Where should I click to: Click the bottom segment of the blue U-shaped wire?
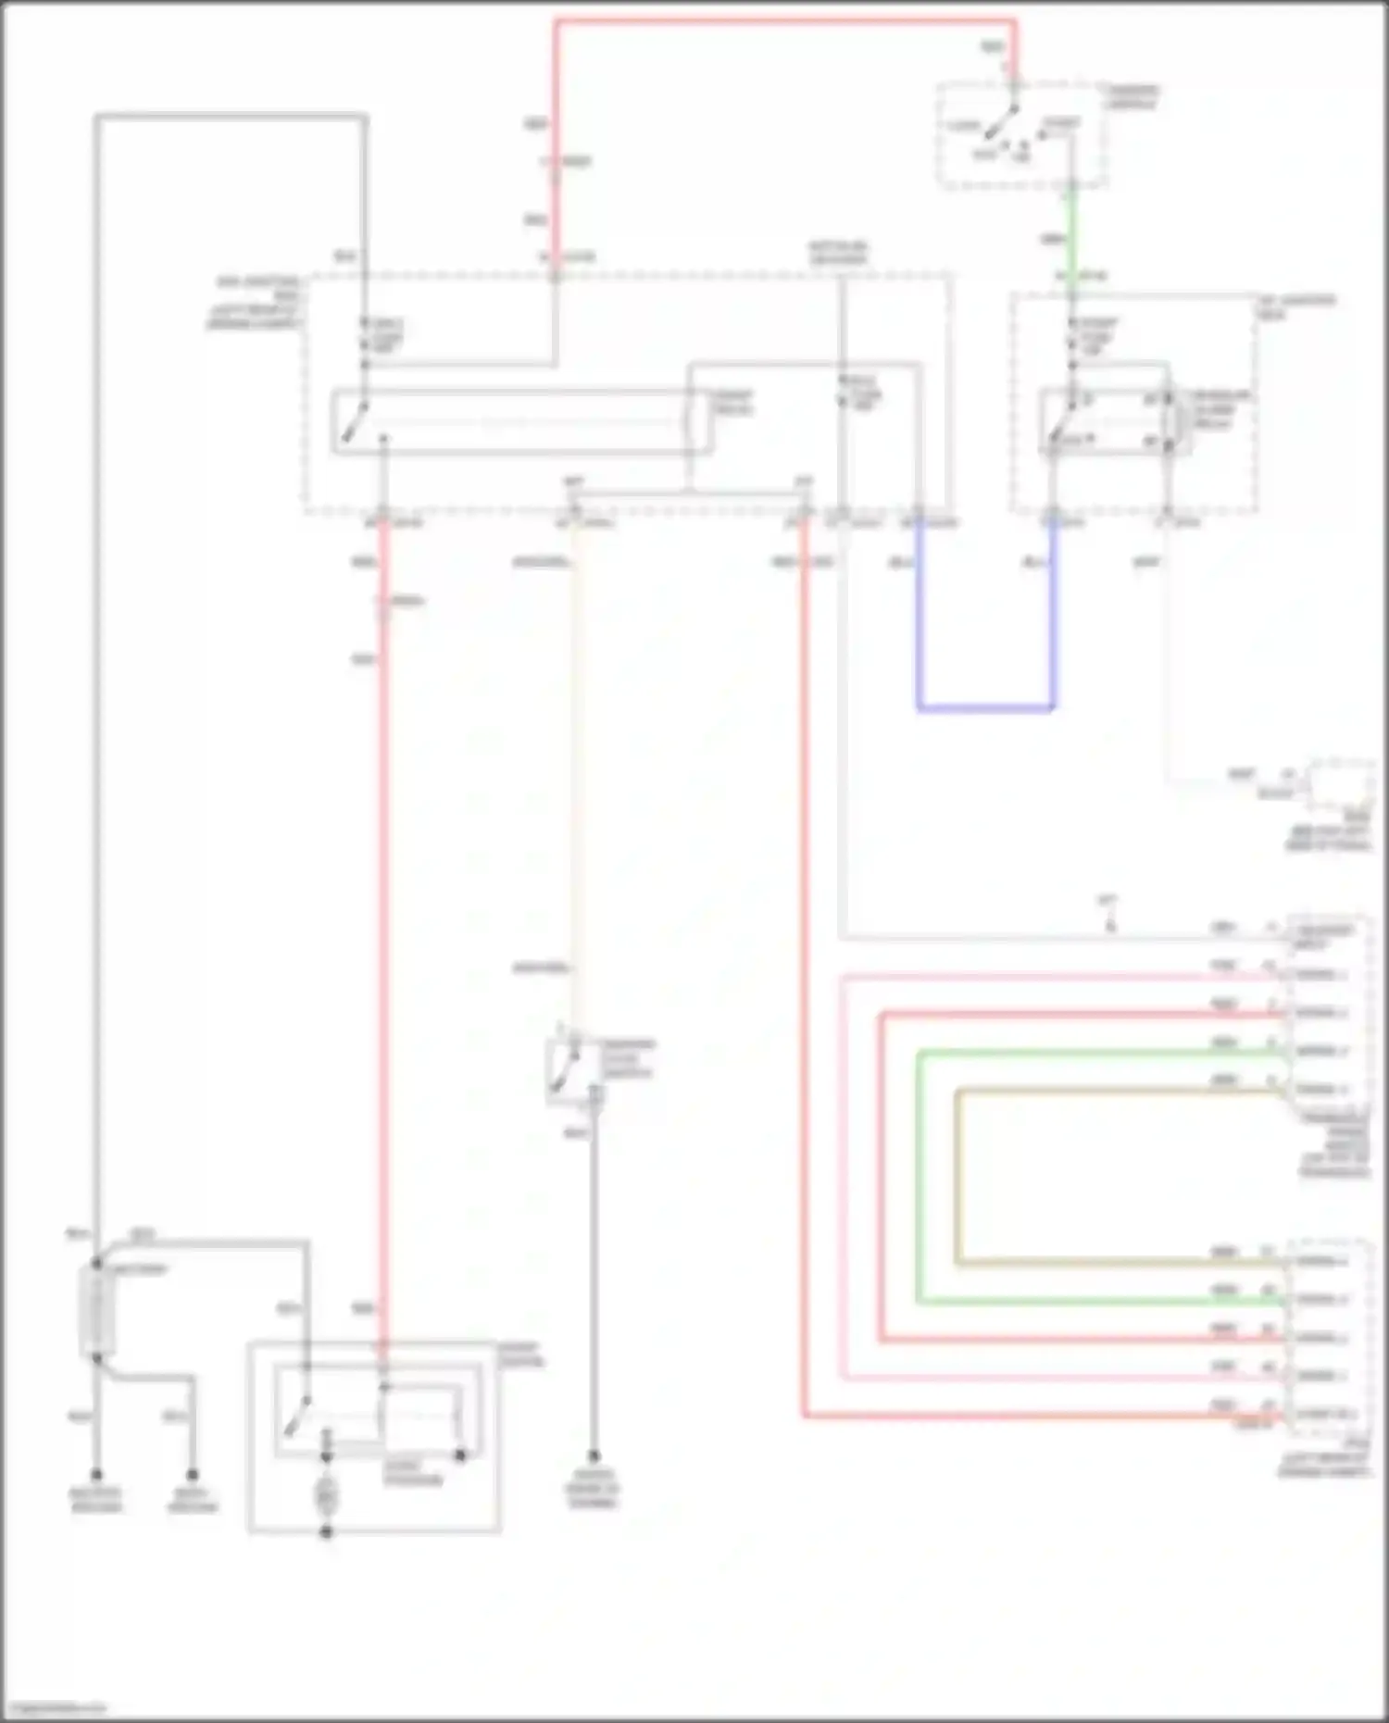(x=985, y=709)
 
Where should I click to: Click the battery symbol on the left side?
(x=95, y=1311)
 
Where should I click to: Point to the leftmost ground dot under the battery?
(x=96, y=1475)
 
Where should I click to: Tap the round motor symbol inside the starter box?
(x=326, y=1494)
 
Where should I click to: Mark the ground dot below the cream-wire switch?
(x=594, y=1456)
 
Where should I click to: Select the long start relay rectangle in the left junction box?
(x=523, y=422)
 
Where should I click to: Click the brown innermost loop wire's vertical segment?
(x=957, y=1176)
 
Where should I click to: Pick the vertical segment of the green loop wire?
(x=919, y=1176)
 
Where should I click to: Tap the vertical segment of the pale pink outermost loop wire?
(x=843, y=1176)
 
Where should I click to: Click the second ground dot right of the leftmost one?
(x=193, y=1475)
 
